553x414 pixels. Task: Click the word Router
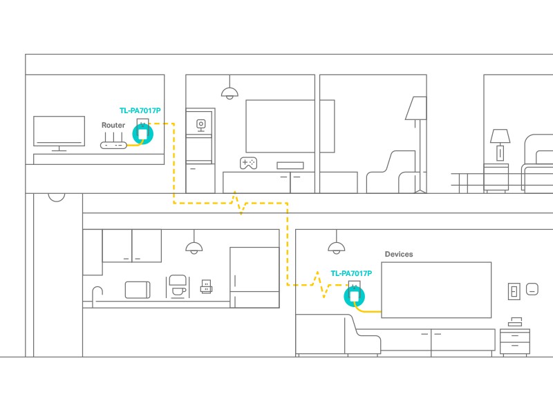(113, 125)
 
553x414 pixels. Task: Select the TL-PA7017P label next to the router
(140, 110)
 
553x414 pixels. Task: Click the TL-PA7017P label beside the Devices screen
(351, 273)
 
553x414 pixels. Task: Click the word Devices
(399, 254)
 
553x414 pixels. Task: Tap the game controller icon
(247, 163)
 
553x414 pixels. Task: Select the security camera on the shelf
(201, 124)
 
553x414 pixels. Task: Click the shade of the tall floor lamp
(417, 108)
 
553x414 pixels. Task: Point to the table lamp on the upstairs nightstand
(500, 142)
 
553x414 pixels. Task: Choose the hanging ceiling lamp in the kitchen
(194, 248)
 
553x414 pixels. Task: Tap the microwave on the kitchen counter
(138, 289)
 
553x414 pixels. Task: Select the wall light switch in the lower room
(514, 290)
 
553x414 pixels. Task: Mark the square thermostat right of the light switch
(532, 288)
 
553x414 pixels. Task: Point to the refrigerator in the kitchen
(254, 277)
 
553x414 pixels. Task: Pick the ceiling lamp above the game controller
(229, 92)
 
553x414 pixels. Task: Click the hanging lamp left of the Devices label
(336, 248)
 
